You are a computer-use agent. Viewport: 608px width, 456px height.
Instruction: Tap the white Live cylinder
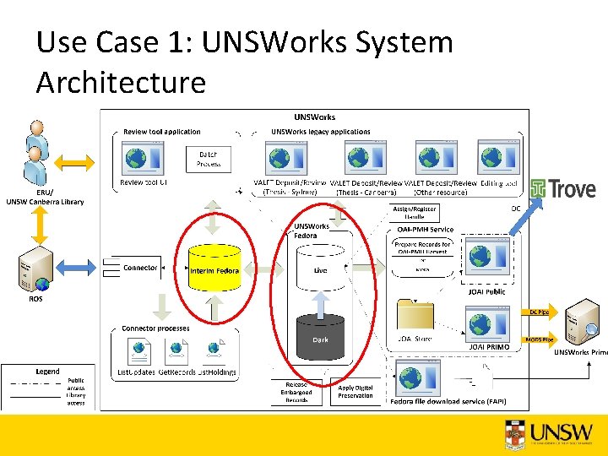point(320,269)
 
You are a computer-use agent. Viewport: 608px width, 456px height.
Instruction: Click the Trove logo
point(562,189)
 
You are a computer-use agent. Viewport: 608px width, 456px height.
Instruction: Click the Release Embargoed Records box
point(296,392)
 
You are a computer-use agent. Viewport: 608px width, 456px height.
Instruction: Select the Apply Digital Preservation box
point(355,392)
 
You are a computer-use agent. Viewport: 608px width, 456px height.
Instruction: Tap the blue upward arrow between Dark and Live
point(320,301)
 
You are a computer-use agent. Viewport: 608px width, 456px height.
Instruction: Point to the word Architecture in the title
point(121,83)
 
